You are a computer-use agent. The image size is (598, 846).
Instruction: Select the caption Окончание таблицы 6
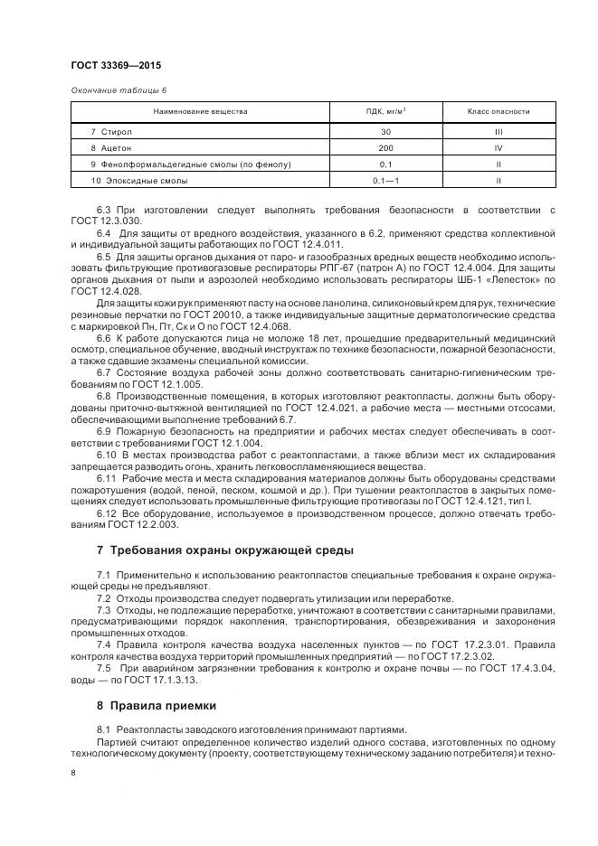(x=118, y=90)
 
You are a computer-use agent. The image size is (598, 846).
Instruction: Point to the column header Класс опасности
(x=498, y=111)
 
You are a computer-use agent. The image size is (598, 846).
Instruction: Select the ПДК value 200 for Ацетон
(x=385, y=148)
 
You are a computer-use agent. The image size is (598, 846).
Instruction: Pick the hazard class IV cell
(x=498, y=148)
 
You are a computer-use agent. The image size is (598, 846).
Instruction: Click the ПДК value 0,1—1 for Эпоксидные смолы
(x=385, y=181)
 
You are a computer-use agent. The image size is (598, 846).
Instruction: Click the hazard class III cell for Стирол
(x=498, y=132)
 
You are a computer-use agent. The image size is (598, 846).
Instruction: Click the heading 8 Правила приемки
(x=157, y=705)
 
